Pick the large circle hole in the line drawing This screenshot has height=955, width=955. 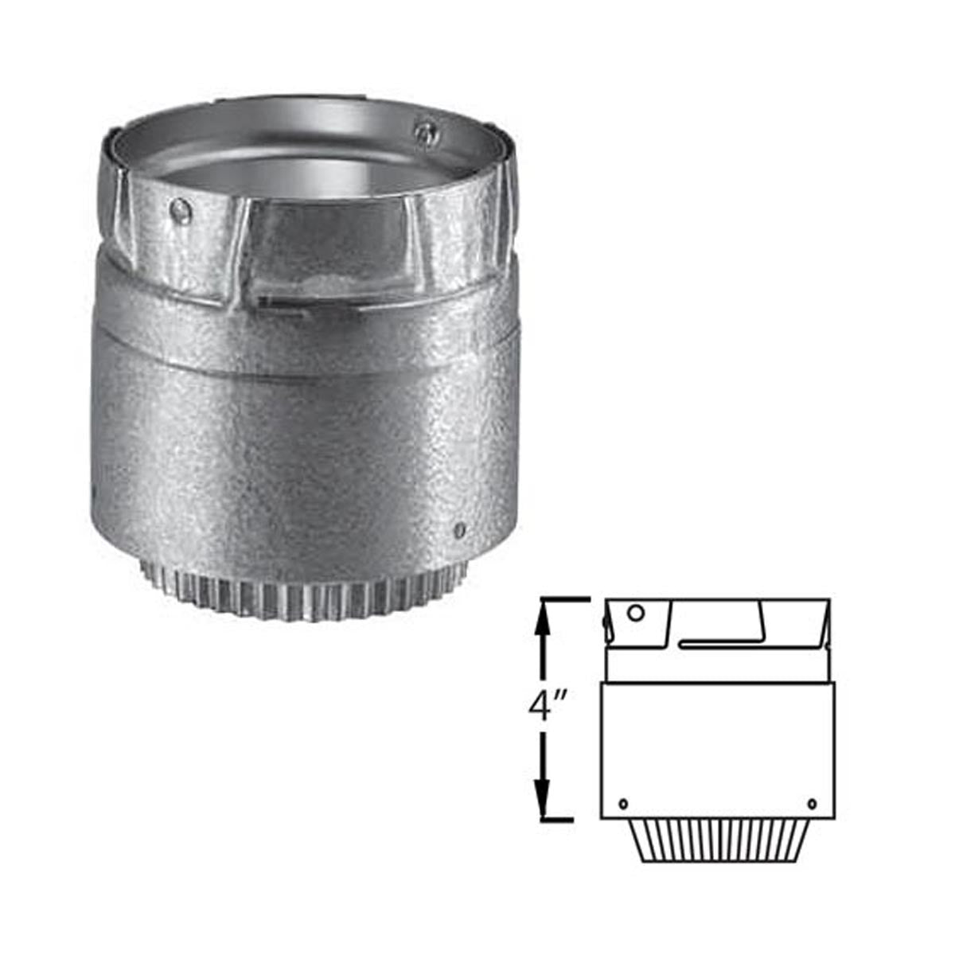637,614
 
